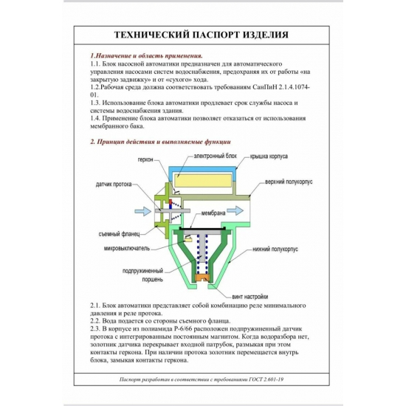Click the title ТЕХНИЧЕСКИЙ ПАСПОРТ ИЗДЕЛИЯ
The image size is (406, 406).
pos(202,35)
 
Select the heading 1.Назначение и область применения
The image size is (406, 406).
pos(146,55)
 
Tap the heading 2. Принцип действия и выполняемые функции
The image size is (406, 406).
pos(160,142)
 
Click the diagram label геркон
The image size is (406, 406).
pos(145,159)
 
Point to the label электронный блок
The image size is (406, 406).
pos(216,156)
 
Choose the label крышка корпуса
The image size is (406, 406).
pos(269,156)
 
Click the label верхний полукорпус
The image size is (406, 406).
pos(289,182)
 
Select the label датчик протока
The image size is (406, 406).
pos(114,185)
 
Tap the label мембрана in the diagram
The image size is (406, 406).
pos(213,213)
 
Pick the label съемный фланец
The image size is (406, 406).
pos(119,234)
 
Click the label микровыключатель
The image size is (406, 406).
pos(127,248)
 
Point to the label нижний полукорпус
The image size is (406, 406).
pos(275,249)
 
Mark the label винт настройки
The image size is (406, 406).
pos(250,297)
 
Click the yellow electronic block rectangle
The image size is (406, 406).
pos(203,180)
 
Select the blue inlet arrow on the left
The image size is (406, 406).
pos(143,211)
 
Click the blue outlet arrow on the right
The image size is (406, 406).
pos(235,210)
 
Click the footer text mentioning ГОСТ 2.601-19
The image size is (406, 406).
pos(202,379)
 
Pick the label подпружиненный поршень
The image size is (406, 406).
pos(142,275)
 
